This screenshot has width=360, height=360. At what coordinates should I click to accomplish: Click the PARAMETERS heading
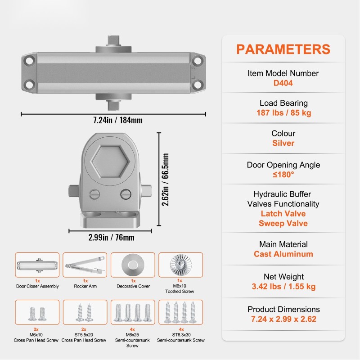click(x=283, y=49)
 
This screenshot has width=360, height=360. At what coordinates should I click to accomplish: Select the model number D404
click(x=283, y=83)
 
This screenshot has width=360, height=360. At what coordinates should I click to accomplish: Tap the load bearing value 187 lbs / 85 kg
click(x=284, y=113)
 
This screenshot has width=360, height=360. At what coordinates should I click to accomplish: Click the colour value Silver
click(x=283, y=143)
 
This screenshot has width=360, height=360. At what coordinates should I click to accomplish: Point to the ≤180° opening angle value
click(x=283, y=175)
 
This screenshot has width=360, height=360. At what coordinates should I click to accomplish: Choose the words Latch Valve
click(x=283, y=213)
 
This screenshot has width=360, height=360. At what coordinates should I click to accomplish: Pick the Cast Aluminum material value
click(x=283, y=254)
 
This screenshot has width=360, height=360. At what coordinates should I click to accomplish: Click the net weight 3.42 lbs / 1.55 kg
click(x=283, y=287)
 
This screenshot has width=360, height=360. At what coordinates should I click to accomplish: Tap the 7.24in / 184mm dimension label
click(x=118, y=120)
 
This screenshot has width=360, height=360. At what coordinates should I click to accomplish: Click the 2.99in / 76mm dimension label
click(x=111, y=238)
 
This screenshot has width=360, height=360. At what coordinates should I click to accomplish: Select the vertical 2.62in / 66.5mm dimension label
click(x=165, y=180)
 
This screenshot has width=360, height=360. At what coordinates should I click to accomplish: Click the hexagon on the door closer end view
click(x=110, y=162)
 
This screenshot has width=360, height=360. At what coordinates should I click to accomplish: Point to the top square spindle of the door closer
click(x=114, y=40)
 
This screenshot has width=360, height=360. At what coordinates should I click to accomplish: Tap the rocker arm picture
click(x=85, y=265)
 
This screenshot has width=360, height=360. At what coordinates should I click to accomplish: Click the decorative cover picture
click(x=133, y=265)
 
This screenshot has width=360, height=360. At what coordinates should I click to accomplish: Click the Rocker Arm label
click(x=85, y=286)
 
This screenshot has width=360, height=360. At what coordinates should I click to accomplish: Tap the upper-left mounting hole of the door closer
click(x=30, y=61)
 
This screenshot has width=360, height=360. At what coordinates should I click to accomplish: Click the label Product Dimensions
click(x=283, y=309)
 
